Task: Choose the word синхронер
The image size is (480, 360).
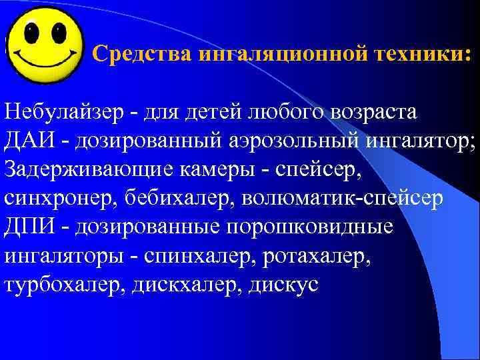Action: tap(59, 198)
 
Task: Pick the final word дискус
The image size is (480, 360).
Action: tap(285, 284)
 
